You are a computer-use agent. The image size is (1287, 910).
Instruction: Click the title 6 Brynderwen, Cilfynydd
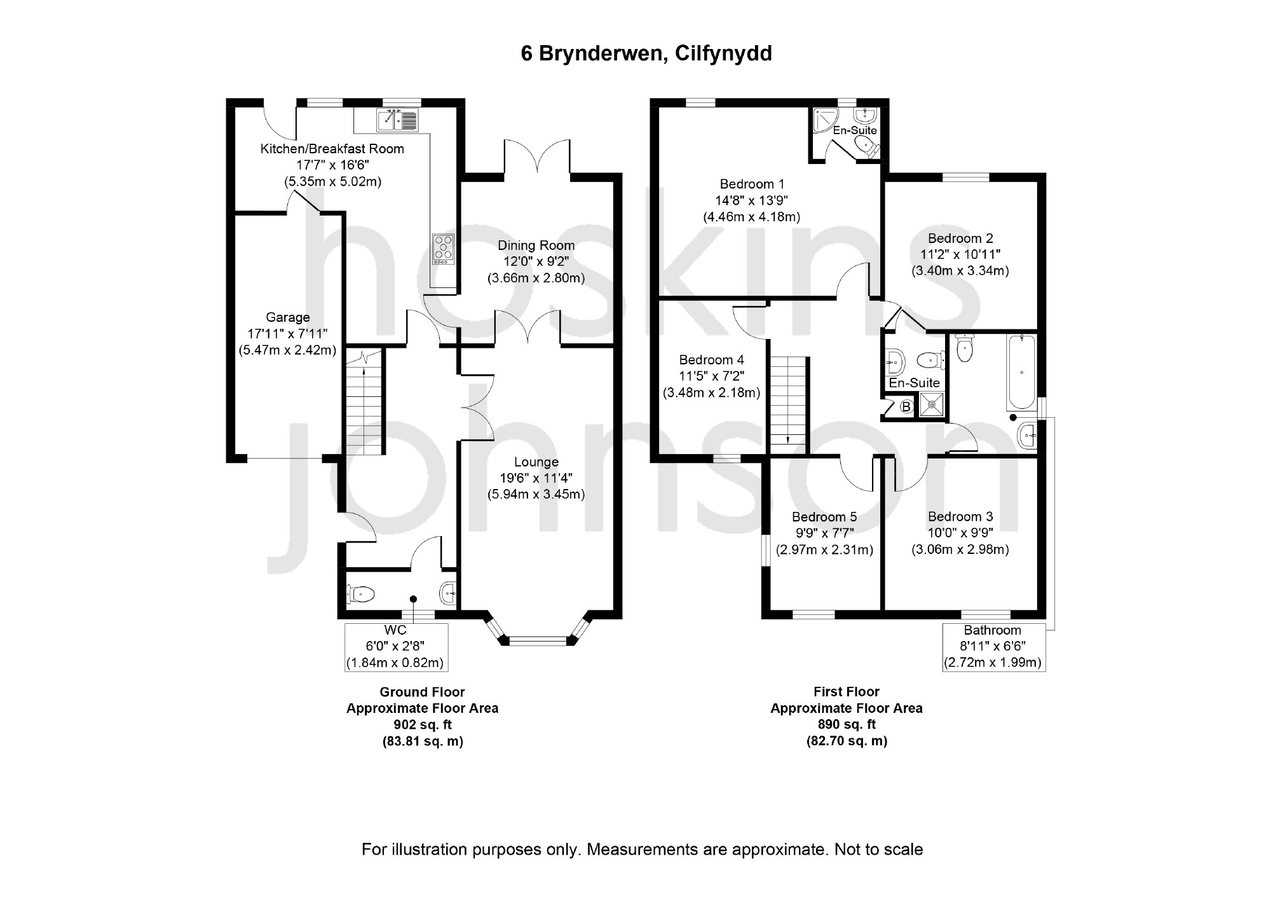(x=646, y=53)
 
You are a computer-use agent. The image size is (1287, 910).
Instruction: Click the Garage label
(x=288, y=317)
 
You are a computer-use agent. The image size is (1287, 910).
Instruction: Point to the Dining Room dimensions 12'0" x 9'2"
(x=536, y=262)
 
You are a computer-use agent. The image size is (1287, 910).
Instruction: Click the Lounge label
(x=536, y=462)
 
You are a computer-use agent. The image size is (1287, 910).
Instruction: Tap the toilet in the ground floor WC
(x=360, y=595)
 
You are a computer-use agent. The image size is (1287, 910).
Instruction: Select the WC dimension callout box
(x=396, y=647)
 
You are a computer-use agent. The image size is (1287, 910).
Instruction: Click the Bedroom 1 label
(x=752, y=184)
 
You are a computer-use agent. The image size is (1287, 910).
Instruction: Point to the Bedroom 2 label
(x=960, y=238)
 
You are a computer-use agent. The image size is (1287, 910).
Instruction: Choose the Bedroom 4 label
(x=711, y=360)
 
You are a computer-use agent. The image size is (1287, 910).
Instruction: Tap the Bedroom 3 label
(x=960, y=517)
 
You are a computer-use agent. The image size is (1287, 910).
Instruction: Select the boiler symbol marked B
(x=906, y=406)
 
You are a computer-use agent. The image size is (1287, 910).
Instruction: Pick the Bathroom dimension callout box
(x=993, y=647)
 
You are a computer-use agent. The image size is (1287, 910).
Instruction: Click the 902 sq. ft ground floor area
(x=422, y=725)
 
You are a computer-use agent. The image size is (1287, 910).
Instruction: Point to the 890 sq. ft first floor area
(x=846, y=724)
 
